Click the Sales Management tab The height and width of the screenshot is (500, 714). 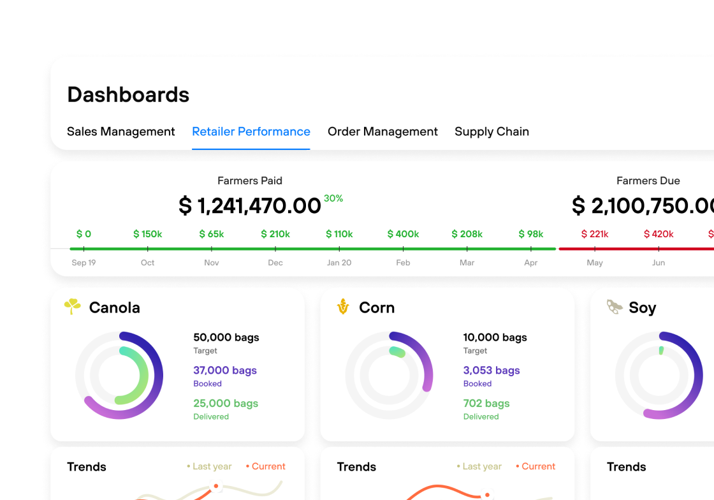(120, 132)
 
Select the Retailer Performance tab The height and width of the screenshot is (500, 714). (251, 132)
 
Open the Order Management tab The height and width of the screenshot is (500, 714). (382, 132)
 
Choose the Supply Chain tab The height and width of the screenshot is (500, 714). (492, 132)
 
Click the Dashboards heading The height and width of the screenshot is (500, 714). (128, 95)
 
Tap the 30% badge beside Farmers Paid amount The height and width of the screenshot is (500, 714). (333, 198)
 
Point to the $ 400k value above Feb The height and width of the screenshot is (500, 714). (403, 234)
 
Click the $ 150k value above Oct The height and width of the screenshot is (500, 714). (147, 234)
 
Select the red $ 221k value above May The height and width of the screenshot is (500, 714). (595, 234)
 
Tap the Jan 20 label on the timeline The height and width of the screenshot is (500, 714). (339, 263)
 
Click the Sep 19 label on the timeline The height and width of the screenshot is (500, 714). (84, 263)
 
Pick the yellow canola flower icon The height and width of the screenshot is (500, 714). (73, 307)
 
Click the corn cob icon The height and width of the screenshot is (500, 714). (343, 307)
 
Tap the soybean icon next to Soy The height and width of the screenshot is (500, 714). (615, 307)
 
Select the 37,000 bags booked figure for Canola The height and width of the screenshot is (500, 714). (225, 371)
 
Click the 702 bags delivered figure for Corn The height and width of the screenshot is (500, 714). (486, 404)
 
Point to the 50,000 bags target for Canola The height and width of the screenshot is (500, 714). (226, 337)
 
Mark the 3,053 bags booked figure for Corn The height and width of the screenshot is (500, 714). (492, 371)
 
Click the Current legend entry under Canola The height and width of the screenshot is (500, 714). (266, 467)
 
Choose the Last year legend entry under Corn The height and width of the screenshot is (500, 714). (479, 467)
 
